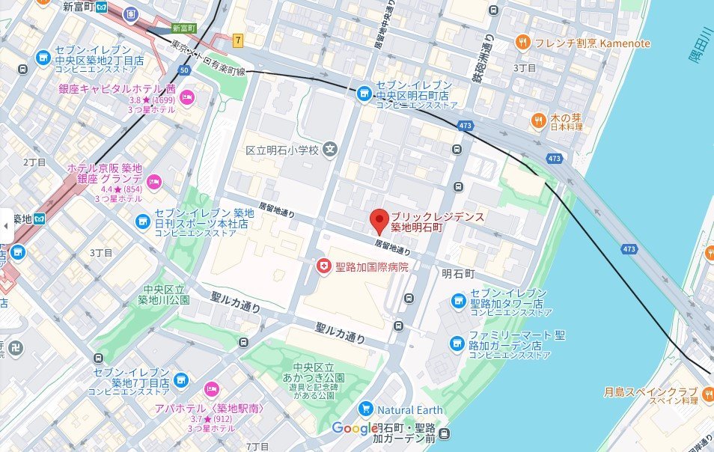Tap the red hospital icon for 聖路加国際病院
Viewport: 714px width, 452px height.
click(x=323, y=266)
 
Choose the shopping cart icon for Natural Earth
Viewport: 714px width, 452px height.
click(x=365, y=409)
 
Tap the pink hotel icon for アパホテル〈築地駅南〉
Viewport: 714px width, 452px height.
click(x=211, y=388)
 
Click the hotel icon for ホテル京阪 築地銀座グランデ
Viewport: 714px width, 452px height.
click(x=154, y=180)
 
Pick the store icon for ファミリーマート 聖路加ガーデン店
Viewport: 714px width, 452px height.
click(x=457, y=343)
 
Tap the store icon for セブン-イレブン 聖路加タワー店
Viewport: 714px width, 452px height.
click(x=458, y=301)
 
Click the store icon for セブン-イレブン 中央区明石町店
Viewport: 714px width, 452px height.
click(x=364, y=92)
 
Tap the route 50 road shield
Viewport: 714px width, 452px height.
click(x=183, y=70)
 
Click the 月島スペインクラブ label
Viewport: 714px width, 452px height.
click(x=650, y=392)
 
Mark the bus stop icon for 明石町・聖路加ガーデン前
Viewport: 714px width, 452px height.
click(x=446, y=433)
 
